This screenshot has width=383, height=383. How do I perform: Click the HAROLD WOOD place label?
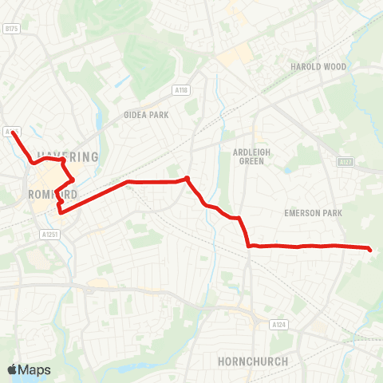(318, 67)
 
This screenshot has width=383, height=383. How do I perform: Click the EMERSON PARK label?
(313, 213)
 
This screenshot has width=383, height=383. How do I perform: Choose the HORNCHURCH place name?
(252, 361)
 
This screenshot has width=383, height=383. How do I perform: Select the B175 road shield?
(10, 29)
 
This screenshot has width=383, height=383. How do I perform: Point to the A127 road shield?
(345, 162)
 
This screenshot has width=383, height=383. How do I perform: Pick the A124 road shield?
(278, 325)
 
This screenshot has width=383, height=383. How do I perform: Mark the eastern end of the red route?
(370, 250)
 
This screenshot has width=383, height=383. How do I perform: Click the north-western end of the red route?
(13, 132)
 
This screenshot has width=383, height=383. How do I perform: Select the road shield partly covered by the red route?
(10, 131)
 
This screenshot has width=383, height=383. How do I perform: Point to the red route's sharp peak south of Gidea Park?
(187, 178)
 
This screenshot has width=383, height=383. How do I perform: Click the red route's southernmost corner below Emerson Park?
(249, 246)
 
